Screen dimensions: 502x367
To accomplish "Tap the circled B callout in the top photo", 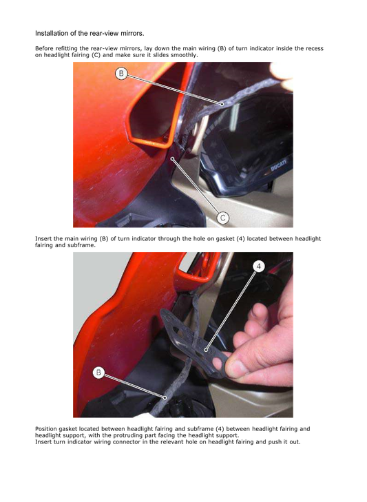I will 121,73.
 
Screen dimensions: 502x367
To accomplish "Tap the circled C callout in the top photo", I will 223,218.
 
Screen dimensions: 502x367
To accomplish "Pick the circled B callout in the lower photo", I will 98,373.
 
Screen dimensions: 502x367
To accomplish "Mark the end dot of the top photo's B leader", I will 222,104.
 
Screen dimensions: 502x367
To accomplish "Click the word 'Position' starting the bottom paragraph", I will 47,429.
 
